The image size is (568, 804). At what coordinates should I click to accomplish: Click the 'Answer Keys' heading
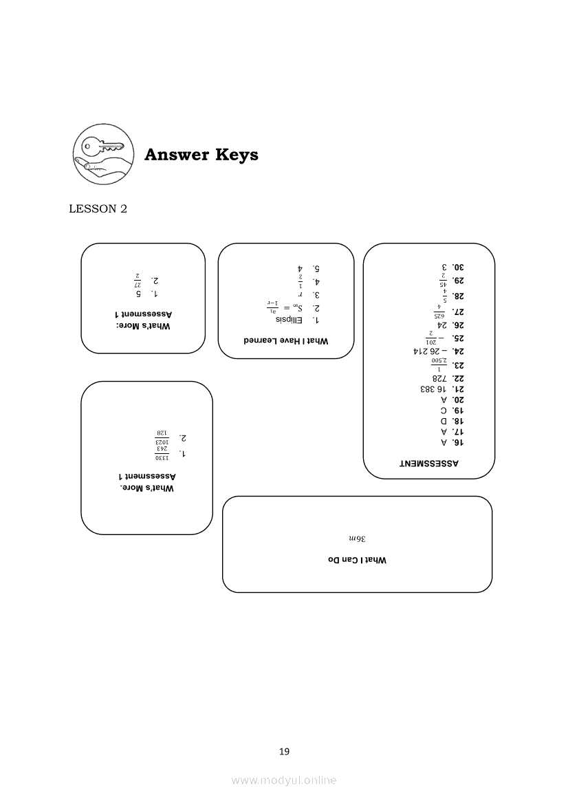(201, 155)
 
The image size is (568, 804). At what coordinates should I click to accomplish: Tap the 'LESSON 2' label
(98, 209)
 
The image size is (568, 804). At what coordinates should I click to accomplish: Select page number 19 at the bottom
(284, 752)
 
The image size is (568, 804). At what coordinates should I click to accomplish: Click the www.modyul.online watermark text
(284, 780)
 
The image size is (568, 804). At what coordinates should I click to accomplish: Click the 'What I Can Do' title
(357, 561)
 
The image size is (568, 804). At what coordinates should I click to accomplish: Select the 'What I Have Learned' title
(285, 340)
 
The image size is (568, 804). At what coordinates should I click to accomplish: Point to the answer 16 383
(433, 389)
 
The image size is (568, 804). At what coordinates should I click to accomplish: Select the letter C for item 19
(444, 410)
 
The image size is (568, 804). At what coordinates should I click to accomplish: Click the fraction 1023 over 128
(162, 437)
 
